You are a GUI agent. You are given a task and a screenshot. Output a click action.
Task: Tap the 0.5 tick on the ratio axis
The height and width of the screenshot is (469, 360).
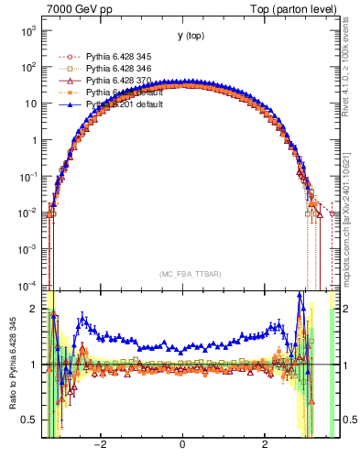pos(29,420)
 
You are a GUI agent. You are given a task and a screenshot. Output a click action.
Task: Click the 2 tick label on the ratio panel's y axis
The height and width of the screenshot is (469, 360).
pos(35,309)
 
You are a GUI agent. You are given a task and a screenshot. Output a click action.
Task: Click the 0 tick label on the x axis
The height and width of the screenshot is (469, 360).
pos(184,446)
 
